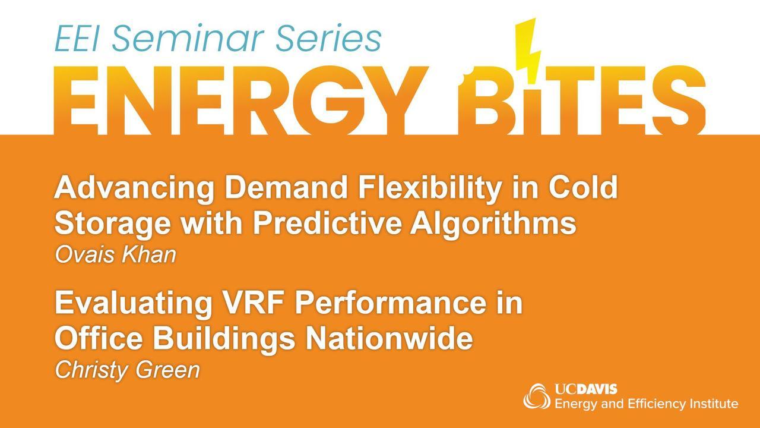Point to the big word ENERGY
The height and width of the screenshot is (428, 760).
pyautogui.click(x=240, y=100)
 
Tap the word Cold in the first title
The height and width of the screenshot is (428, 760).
pyautogui.click(x=584, y=187)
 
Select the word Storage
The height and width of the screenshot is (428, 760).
pyautogui.click(x=113, y=225)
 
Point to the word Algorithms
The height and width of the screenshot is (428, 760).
pyautogui.click(x=493, y=225)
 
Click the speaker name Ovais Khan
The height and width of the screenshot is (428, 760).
pyautogui.click(x=116, y=255)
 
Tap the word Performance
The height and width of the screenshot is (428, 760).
pyautogui.click(x=391, y=303)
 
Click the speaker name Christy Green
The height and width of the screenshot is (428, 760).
pyautogui.click(x=128, y=371)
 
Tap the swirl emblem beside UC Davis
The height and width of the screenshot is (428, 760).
pyautogui.click(x=536, y=396)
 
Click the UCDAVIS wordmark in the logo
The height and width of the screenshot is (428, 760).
pyautogui.click(x=586, y=389)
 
